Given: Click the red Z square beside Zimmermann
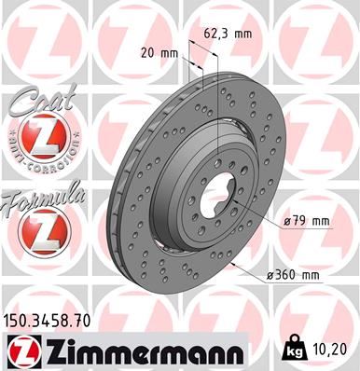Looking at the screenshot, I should pos(21,351).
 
